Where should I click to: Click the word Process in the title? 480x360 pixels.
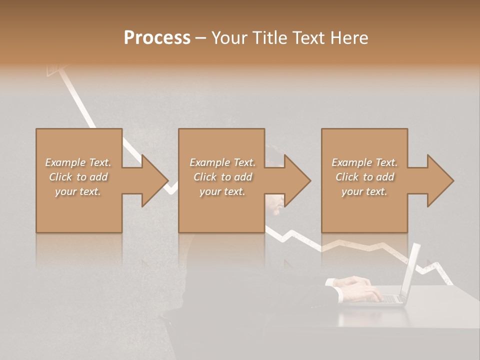157,38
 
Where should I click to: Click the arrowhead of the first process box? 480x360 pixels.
155,180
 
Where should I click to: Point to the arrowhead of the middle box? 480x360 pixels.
298,180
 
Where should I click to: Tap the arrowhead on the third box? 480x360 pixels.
440,180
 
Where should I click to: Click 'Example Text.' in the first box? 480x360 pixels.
78,162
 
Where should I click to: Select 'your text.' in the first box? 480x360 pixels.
78,191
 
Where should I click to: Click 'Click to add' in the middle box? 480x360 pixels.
222,177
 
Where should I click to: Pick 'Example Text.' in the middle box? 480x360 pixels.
222,162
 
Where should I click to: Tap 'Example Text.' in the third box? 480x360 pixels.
364,162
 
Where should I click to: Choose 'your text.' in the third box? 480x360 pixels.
364,191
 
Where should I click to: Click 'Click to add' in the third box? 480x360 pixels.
364,177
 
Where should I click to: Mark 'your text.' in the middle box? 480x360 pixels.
222,191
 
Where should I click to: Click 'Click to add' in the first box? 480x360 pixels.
78,177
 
